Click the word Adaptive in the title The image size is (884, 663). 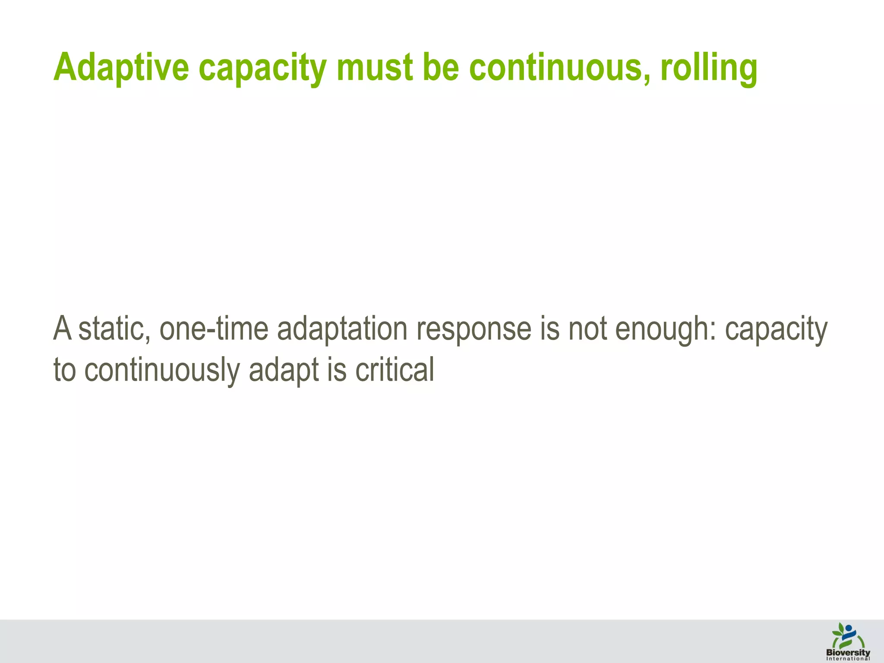pos(121,68)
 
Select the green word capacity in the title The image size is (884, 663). pos(262,69)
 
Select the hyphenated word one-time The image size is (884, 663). pos(214,329)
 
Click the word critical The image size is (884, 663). pos(395,370)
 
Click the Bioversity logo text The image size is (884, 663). pos(848,652)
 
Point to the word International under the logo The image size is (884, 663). pos(848,659)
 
